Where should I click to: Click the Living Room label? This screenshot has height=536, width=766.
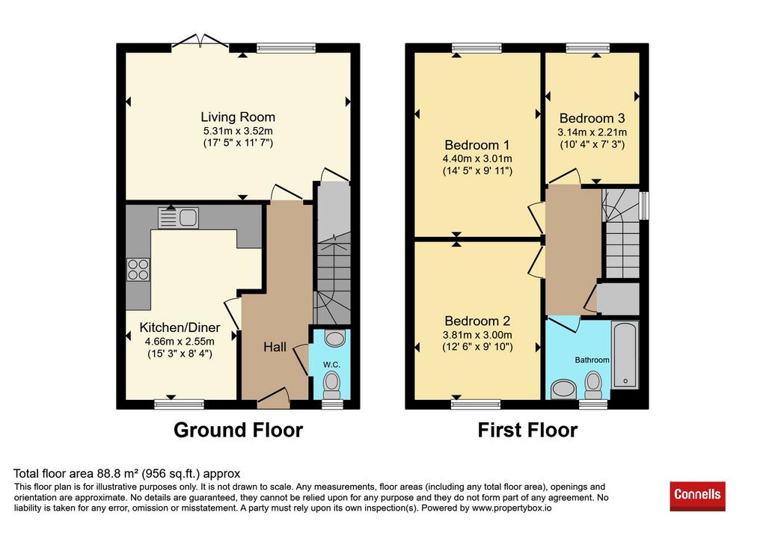(x=238, y=117)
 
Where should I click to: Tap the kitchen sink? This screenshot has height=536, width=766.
(x=178, y=218)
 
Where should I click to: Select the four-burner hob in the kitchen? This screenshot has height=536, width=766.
(x=138, y=269)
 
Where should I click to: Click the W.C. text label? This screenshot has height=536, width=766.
(x=331, y=365)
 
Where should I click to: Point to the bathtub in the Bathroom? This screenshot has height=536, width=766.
(x=625, y=354)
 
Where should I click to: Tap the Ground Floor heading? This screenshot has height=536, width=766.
(x=239, y=430)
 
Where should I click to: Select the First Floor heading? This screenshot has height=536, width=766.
(x=527, y=430)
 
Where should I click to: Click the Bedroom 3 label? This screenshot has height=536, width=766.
(x=592, y=118)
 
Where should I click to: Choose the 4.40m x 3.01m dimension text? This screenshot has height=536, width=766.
(x=477, y=158)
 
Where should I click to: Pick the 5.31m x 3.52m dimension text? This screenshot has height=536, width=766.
(x=238, y=131)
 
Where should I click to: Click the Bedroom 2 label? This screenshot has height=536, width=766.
(x=477, y=321)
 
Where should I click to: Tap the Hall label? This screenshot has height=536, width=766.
(x=275, y=347)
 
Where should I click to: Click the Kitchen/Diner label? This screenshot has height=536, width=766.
(x=180, y=327)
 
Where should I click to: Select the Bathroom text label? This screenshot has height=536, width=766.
(x=592, y=360)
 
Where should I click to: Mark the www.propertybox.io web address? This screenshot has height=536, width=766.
(x=512, y=508)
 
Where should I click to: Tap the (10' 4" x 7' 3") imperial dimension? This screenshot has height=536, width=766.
(x=592, y=144)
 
